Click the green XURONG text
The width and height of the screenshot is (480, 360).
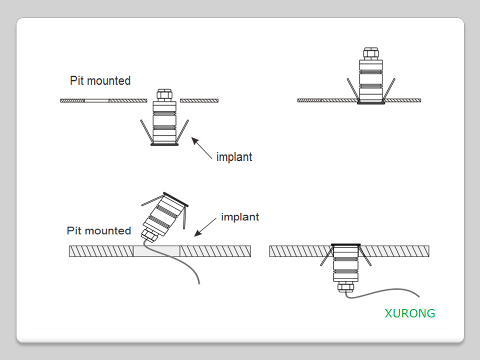[x=409, y=313]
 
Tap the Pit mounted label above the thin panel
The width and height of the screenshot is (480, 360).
[x=100, y=80]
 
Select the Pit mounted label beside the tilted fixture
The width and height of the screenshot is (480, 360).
[x=98, y=230]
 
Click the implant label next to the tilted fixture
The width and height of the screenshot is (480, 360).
[x=240, y=217]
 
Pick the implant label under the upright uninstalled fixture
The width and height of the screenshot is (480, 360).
[x=234, y=157]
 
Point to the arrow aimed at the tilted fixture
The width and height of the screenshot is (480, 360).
[x=204, y=228]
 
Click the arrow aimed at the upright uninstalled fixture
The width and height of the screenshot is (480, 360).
[x=202, y=148]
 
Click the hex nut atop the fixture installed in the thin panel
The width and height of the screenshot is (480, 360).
[x=370, y=52]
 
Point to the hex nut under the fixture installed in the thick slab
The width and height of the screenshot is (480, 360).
[x=345, y=286]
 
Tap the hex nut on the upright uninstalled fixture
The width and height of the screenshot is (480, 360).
[x=164, y=94]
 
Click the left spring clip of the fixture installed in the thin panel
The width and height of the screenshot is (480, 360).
[x=353, y=90]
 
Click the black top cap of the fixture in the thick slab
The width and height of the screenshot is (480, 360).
[x=345, y=244]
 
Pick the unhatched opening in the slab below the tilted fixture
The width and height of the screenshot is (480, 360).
[x=156, y=251]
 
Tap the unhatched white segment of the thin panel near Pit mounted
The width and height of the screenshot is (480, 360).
[x=96, y=100]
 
